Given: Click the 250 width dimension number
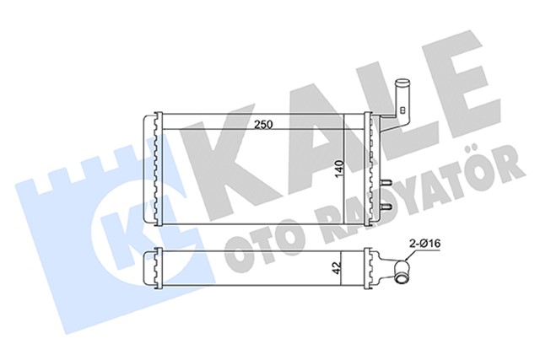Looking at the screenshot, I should tap(262, 125).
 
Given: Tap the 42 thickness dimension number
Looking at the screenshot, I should tap(337, 271).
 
